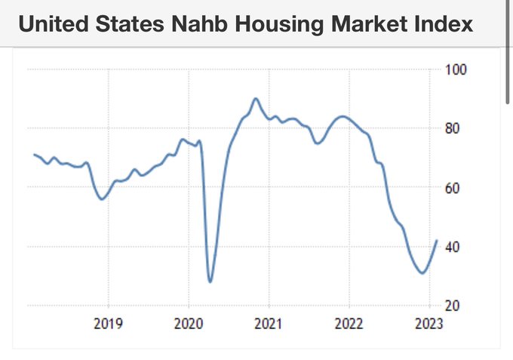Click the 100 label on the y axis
(x=459, y=69)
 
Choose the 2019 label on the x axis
(x=108, y=325)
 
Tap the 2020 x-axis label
(x=189, y=325)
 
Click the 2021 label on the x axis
(x=269, y=325)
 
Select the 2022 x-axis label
(x=349, y=325)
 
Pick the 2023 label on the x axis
(x=429, y=325)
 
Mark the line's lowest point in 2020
(x=210, y=282)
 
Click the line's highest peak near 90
(x=255, y=98)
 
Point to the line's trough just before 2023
(x=422, y=272)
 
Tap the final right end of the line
(x=437, y=241)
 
